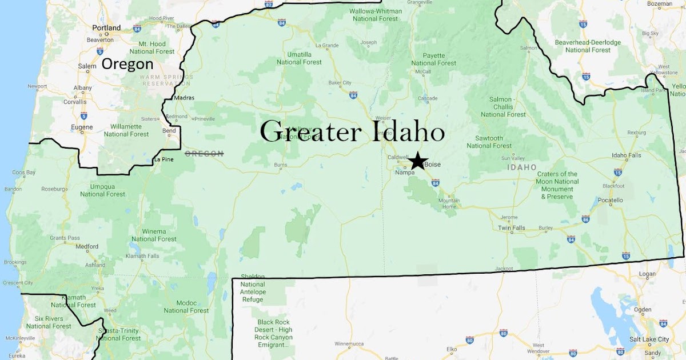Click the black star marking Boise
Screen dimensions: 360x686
[418, 161]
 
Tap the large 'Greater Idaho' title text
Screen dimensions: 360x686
[352, 132]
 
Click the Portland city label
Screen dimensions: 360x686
[106, 27]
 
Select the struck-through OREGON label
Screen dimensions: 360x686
[204, 154]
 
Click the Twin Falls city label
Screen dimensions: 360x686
[511, 228]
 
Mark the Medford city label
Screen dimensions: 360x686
[87, 247]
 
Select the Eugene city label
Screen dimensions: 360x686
[83, 127]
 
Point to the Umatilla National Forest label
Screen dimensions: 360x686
[300, 58]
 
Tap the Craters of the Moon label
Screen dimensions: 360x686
[557, 185]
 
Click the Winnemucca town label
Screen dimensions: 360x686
[349, 344]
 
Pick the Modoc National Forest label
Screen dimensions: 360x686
[186, 307]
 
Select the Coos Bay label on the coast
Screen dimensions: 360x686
[24, 172]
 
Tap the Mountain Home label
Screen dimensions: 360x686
[449, 203]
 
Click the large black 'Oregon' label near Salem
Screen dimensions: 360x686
[127, 64]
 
